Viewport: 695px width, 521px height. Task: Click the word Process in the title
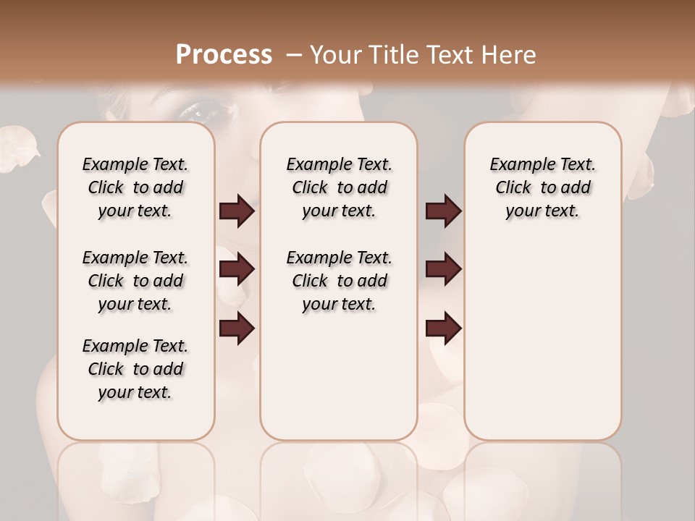(x=224, y=55)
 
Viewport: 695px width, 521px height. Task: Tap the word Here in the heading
(x=511, y=55)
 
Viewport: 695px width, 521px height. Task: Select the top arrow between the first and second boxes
(x=237, y=211)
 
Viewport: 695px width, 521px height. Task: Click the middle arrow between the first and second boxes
(x=237, y=270)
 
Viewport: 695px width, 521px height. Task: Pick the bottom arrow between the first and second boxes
(x=237, y=328)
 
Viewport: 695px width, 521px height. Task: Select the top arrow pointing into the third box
(x=443, y=211)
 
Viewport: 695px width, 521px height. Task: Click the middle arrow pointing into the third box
(x=443, y=270)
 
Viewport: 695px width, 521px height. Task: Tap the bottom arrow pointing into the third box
(x=443, y=328)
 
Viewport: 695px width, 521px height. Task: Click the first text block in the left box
(x=135, y=187)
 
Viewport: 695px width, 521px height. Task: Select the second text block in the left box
(x=135, y=281)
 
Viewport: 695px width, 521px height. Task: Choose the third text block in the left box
(x=135, y=369)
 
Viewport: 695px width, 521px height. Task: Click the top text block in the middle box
(x=339, y=187)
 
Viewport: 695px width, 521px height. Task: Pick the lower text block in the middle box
(x=339, y=281)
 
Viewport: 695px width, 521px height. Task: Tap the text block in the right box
(x=542, y=187)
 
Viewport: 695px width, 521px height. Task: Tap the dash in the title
(x=294, y=55)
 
